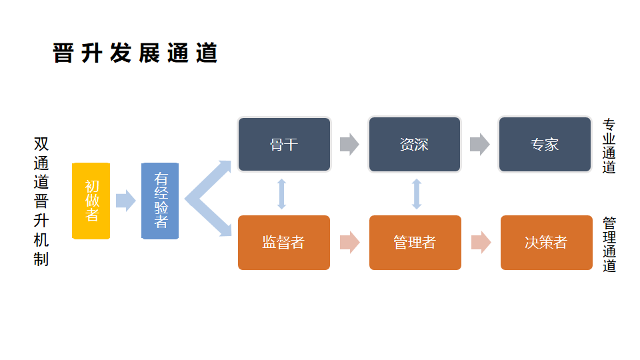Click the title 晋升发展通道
click(135, 53)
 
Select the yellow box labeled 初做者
click(91, 201)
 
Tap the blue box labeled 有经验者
click(161, 201)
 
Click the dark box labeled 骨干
click(284, 145)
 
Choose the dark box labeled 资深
click(414, 145)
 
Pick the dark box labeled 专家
click(545, 145)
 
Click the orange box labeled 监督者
click(284, 243)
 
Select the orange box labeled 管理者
click(415, 243)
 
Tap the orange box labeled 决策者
click(546, 243)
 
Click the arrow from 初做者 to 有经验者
click(125, 201)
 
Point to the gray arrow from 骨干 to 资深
click(349, 145)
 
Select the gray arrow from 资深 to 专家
click(479, 145)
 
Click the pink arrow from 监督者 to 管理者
click(349, 243)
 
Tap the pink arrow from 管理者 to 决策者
click(481, 243)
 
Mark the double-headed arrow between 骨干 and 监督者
click(282, 194)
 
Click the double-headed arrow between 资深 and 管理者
click(417, 194)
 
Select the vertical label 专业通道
click(609, 146)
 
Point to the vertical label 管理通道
click(609, 244)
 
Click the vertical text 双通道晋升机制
click(41, 201)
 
